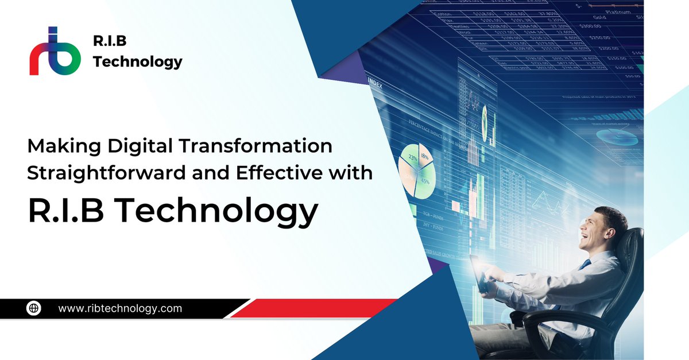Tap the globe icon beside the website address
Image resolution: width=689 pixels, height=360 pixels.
(34, 308)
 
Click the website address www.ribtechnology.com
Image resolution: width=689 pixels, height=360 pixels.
(120, 308)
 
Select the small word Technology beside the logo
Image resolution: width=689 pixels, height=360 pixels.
(137, 61)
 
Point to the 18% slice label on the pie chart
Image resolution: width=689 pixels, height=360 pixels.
(424, 155)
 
